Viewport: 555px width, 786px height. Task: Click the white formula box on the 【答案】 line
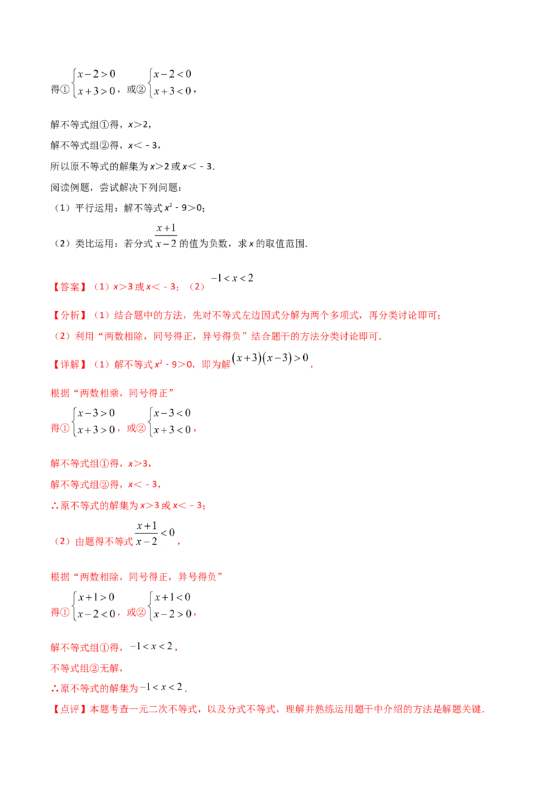point(233,278)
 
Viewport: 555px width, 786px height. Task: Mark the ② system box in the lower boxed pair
point(171,608)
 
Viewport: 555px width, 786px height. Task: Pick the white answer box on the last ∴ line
point(161,687)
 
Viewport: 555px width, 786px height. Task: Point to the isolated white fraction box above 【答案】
point(166,234)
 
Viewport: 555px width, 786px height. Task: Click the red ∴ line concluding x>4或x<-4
point(129,507)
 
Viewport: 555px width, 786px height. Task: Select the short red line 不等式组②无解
point(87,669)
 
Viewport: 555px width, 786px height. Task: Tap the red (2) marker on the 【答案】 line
point(198,286)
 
